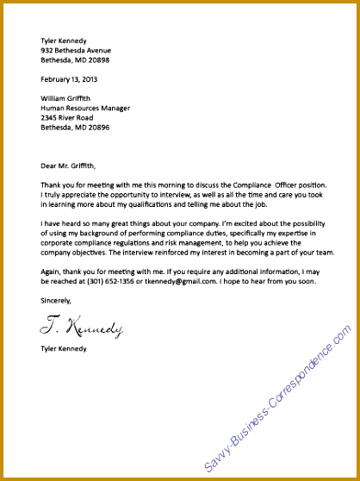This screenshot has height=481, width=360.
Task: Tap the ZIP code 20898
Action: pos(98,61)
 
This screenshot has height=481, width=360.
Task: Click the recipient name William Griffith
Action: pos(68,98)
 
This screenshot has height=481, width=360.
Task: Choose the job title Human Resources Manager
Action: pos(85,109)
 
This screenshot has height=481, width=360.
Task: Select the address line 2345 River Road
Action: pos(70,119)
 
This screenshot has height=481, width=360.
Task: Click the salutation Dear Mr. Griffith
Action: pos(69,166)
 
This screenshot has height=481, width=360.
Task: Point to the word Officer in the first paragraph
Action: pos(281,185)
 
